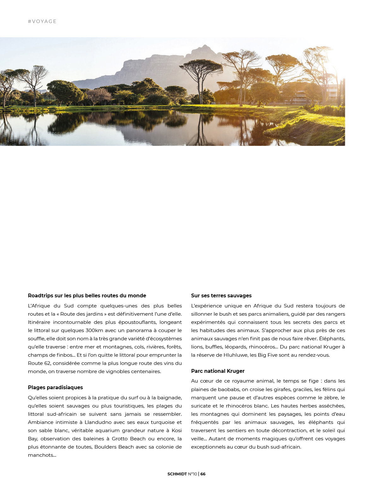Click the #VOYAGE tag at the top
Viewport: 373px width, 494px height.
(42, 21)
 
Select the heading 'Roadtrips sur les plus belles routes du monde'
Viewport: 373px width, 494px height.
(87, 296)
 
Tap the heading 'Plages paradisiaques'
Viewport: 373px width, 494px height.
(55, 388)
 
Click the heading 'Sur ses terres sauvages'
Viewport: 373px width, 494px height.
(221, 296)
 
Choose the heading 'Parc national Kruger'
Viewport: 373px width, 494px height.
(218, 371)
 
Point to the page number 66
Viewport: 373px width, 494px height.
(203, 474)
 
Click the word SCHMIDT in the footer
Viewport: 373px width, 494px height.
(177, 474)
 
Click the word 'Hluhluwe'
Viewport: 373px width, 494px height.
(235, 355)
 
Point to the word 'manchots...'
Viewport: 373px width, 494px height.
(42, 455)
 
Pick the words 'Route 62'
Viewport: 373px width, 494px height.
(39, 363)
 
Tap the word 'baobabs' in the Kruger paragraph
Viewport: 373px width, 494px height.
(230, 390)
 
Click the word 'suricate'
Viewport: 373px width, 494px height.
(201, 406)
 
